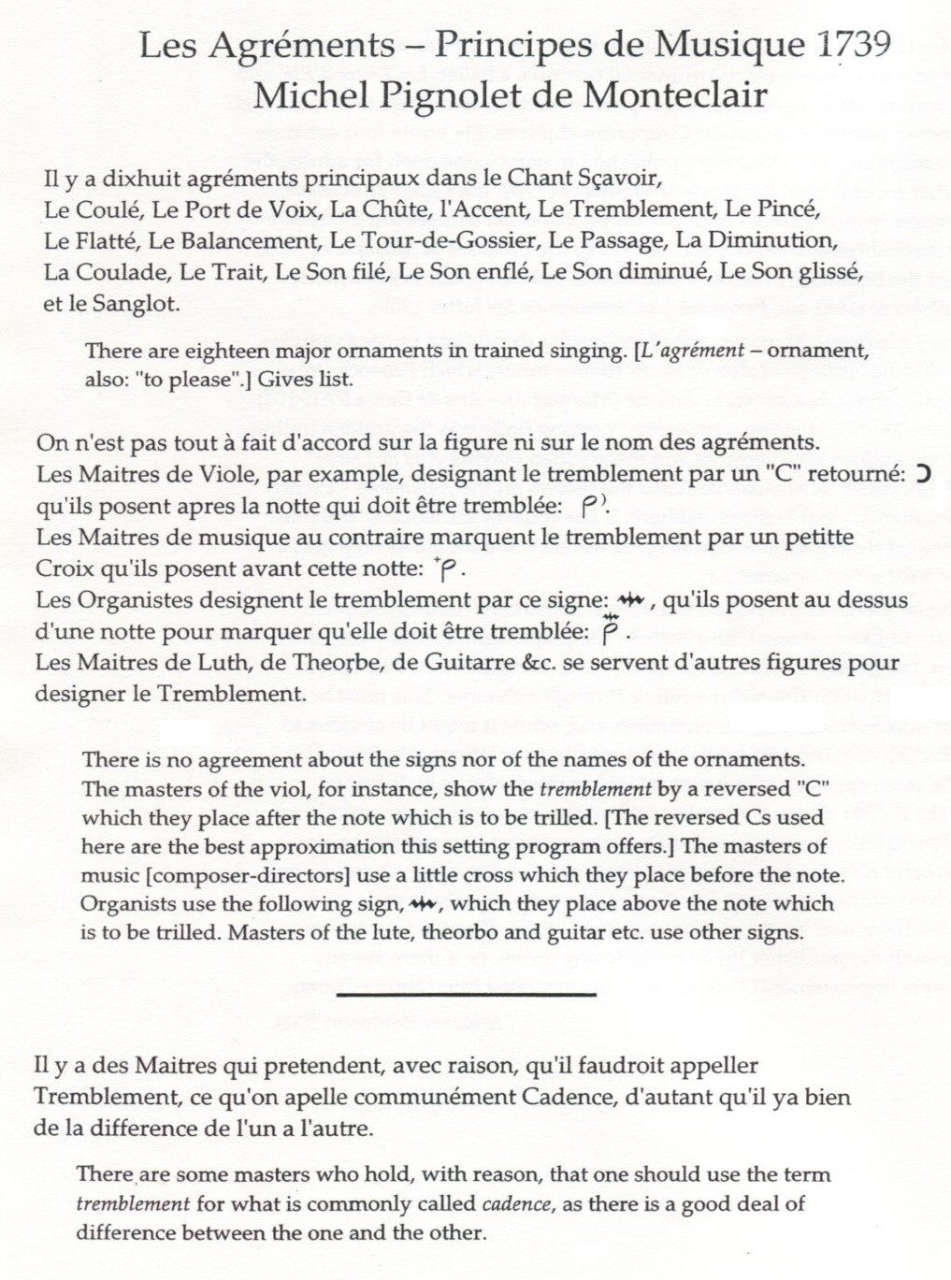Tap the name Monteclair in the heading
click(670, 96)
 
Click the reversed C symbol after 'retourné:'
click(923, 474)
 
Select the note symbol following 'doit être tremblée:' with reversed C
click(594, 506)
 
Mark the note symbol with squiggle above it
click(610, 631)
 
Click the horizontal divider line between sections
click(466, 994)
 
